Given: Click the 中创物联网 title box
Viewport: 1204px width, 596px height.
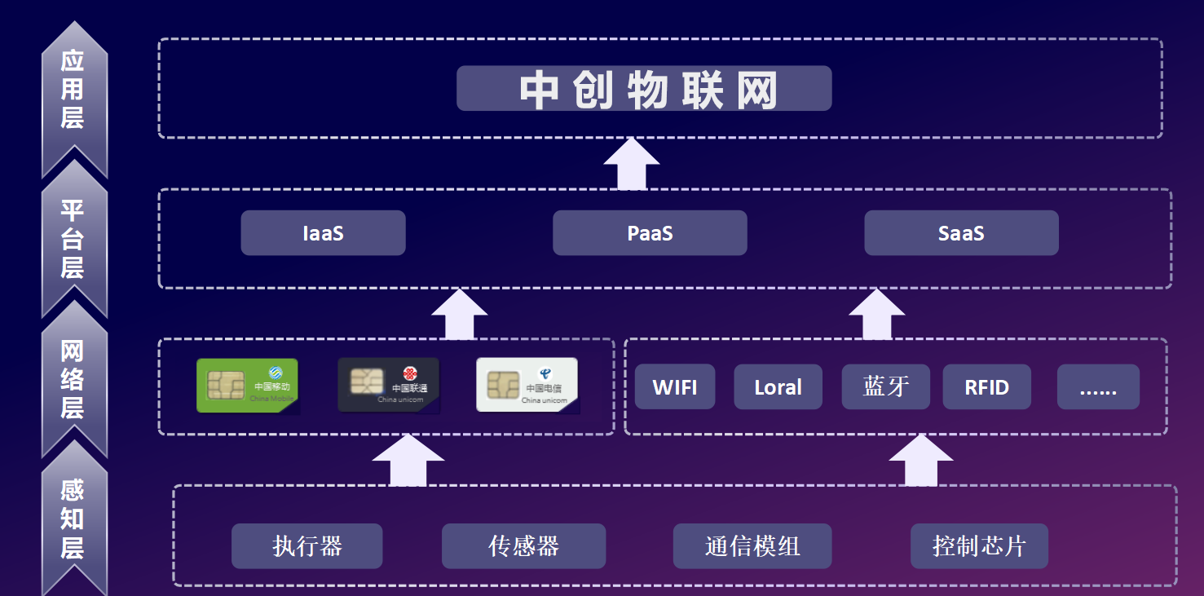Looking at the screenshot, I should pyautogui.click(x=643, y=88).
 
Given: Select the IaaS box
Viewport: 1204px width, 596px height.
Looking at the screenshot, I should pyautogui.click(x=323, y=233).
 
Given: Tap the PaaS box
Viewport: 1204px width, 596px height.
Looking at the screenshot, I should pyautogui.click(x=650, y=233).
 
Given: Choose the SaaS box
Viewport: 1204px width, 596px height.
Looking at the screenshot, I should pyautogui.click(x=961, y=233).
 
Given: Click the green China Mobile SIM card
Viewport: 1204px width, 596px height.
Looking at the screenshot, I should pyautogui.click(x=247, y=386).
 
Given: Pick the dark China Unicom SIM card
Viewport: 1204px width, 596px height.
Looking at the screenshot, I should pyautogui.click(x=388, y=385).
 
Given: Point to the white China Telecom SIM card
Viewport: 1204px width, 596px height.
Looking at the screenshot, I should pyautogui.click(x=527, y=385).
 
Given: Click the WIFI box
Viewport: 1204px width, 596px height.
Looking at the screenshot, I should pyautogui.click(x=675, y=387).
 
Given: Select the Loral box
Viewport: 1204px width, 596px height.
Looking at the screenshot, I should pyautogui.click(x=778, y=387).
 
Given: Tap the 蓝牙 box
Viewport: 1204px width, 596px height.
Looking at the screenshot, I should pyautogui.click(x=885, y=386).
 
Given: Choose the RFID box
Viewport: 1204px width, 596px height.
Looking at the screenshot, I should pyautogui.click(x=986, y=387).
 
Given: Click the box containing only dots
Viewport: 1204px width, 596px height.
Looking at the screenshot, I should pyautogui.click(x=1098, y=387).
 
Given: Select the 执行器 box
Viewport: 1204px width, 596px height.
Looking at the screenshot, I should pyautogui.click(x=307, y=546).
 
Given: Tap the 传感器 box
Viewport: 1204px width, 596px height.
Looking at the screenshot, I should pyautogui.click(x=523, y=546).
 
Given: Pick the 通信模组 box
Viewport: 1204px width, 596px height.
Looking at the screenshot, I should pyautogui.click(x=752, y=546).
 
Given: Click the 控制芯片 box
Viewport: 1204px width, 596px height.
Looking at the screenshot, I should pyautogui.click(x=979, y=546).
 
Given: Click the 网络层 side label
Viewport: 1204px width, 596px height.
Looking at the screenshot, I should pyautogui.click(x=73, y=379).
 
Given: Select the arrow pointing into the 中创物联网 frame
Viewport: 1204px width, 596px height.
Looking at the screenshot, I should pyautogui.click(x=632, y=164).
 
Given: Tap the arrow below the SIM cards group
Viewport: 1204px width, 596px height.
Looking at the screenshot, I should pyautogui.click(x=408, y=461).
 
